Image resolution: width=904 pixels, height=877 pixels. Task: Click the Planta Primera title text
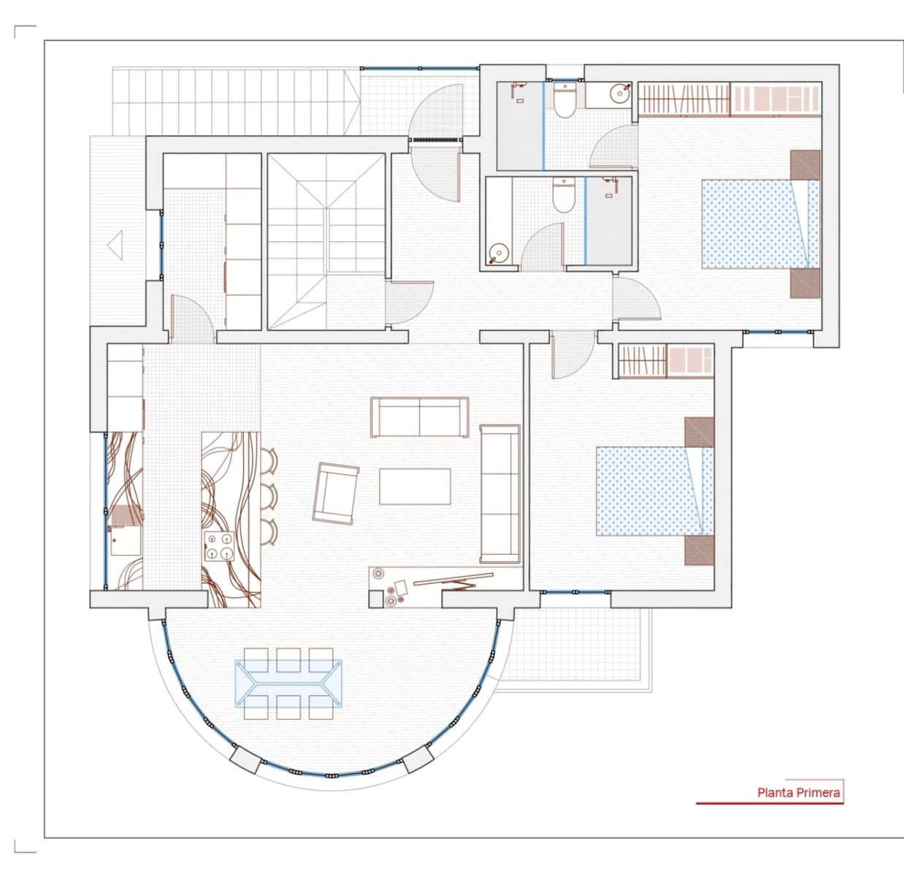[798, 792]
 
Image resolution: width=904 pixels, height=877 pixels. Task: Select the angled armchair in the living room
[335, 493]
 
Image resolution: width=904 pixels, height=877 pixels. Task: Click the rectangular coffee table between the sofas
[415, 486]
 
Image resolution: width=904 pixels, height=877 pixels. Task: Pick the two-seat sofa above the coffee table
[420, 417]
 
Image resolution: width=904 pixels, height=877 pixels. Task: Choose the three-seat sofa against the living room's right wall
[499, 494]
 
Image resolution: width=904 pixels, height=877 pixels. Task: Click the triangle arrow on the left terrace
[115, 243]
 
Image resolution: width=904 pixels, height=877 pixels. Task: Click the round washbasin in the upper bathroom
[621, 93]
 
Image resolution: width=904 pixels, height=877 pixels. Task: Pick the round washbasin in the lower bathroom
[498, 252]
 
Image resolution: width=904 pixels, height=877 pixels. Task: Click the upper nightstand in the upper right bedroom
[805, 164]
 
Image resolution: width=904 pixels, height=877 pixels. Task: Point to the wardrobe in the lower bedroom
[665, 361]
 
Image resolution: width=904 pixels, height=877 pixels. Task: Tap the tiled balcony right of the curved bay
[577, 643]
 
